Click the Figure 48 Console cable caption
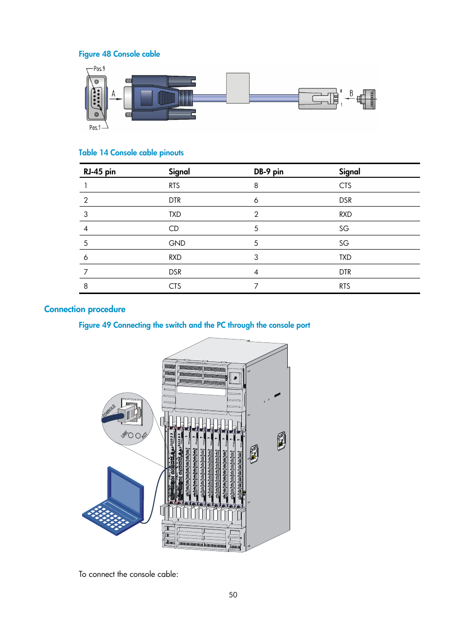point(119,54)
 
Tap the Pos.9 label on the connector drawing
point(99,69)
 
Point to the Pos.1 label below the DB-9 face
point(95,127)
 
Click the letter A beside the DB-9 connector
point(113,94)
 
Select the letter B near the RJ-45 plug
point(351,93)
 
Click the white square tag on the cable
point(238,88)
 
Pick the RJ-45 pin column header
point(100,171)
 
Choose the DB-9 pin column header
point(268,171)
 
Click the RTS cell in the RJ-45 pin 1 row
point(174,186)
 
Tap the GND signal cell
point(177,243)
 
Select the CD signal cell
point(174,229)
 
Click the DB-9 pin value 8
point(256,186)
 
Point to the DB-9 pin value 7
point(256,286)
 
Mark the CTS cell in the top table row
point(345,186)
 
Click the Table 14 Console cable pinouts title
point(131,153)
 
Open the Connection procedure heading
point(85,309)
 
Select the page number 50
point(233,595)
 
